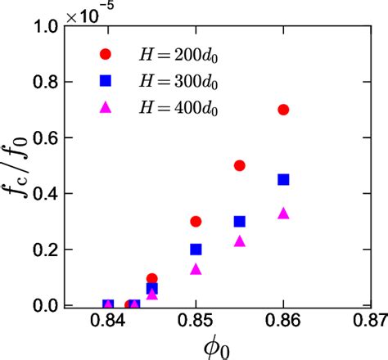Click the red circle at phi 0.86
point(283,110)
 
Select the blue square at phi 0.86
point(283,179)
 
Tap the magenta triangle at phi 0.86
point(283,213)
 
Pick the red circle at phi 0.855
point(240,165)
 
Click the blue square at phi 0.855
point(240,221)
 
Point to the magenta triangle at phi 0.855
point(240,241)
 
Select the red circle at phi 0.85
point(196,221)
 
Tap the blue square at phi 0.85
point(196,249)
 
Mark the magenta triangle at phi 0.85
point(196,268)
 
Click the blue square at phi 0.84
point(108,305)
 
